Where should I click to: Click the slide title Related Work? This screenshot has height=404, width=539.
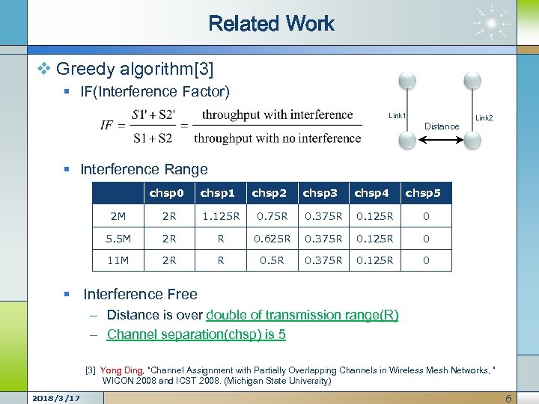[x=271, y=24]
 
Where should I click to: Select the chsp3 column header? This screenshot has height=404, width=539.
[x=320, y=193]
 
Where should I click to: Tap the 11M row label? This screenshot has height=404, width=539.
[x=118, y=260]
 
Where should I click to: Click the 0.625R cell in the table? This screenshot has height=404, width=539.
[x=269, y=239]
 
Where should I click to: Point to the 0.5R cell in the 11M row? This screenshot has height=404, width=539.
[x=269, y=260]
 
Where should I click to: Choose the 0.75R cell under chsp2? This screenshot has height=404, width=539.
[x=269, y=217]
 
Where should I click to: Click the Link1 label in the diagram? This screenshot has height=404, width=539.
[x=397, y=116]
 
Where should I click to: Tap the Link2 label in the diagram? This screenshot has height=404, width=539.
[x=484, y=117]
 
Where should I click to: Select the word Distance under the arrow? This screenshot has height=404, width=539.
[x=442, y=126]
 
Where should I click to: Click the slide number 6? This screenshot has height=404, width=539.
[x=508, y=398]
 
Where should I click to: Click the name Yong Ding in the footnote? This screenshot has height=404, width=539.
[x=121, y=370]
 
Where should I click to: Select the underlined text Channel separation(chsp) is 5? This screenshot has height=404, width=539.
[x=196, y=334]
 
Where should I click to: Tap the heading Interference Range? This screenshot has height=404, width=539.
[x=144, y=170]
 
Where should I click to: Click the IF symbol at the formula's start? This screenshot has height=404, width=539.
[x=109, y=126]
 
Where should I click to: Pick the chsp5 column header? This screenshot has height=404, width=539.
[x=423, y=193]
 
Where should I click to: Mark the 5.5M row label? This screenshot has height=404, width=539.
[x=118, y=239]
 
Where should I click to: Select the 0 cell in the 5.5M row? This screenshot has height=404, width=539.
[x=426, y=239]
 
